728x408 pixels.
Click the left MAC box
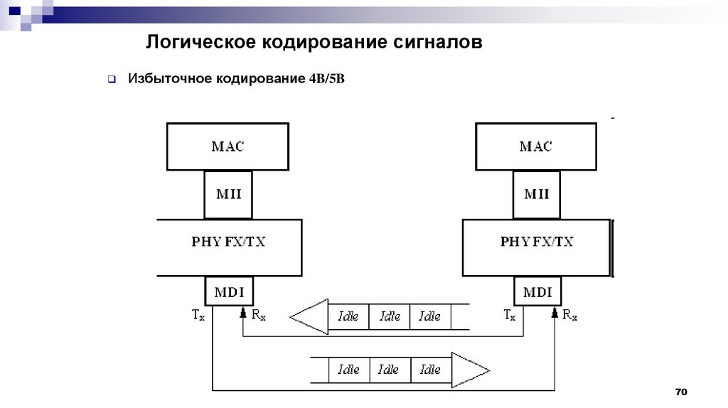pos(227,146)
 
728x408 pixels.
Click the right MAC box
pos(535,146)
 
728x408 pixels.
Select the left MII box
pos(227,194)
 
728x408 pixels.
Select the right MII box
pos(535,194)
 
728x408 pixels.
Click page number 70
pos(682,392)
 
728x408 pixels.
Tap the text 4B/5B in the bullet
pos(326,78)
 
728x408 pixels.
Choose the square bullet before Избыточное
pos(112,79)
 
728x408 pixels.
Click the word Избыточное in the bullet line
pos(168,78)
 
